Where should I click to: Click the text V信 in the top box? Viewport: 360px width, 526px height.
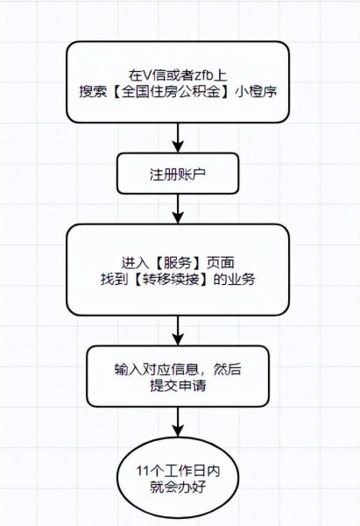pos(145,76)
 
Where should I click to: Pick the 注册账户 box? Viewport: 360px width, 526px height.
pos(179,174)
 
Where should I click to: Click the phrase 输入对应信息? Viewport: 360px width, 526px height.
pos(153,367)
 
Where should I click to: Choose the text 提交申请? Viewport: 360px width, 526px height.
pos(179,384)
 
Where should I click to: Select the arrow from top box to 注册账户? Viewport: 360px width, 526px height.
pos(179,137)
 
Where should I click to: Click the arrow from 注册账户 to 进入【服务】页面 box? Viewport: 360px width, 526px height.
pos(179,208)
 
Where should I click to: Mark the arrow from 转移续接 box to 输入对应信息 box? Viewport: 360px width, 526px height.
pos(179,330)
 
